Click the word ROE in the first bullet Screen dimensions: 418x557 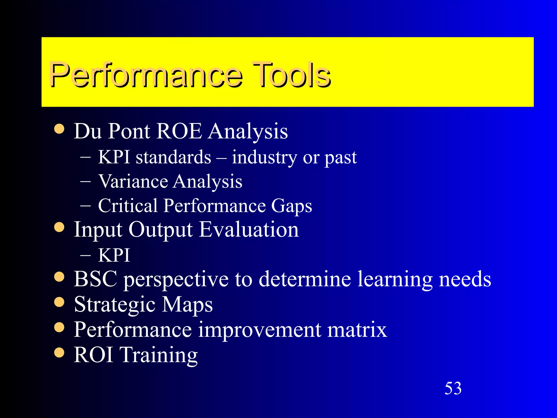[x=180, y=131]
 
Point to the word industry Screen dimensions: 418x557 [x=264, y=158]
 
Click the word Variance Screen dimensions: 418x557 [x=133, y=182]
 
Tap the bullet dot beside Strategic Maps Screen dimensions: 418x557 [x=59, y=302]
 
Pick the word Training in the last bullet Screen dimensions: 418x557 [x=159, y=355]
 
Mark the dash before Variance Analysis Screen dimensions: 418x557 [x=86, y=182]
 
